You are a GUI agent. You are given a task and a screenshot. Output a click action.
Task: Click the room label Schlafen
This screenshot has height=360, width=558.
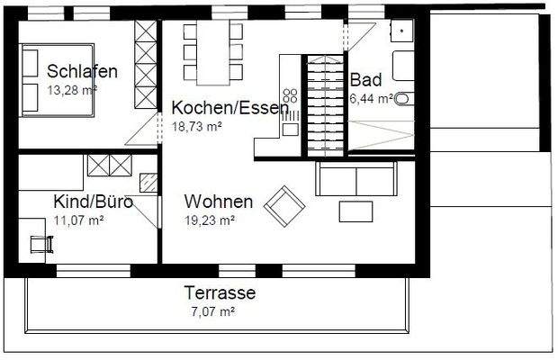pyautogui.click(x=82, y=71)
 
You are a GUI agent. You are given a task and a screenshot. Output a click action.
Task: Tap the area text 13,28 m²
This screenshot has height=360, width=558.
pyautogui.click(x=71, y=89)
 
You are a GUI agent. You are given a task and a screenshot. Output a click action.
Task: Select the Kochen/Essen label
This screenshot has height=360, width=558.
pyautogui.click(x=229, y=108)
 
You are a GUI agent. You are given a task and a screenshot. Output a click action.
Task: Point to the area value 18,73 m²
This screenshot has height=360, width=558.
pyautogui.click(x=196, y=127)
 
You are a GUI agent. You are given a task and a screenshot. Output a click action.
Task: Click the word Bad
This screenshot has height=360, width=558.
pyautogui.click(x=366, y=79)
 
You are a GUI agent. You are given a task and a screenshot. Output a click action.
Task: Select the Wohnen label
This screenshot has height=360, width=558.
pyautogui.click(x=218, y=202)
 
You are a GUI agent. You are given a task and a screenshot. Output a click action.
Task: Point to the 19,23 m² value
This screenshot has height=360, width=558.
pyautogui.click(x=210, y=220)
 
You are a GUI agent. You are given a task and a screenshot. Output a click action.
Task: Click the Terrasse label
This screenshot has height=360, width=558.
pyautogui.click(x=220, y=292)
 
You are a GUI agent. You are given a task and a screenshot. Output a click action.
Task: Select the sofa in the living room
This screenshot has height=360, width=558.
pyautogui.click(x=355, y=178)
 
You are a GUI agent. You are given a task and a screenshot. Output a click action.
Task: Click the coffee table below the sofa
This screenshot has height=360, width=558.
pyautogui.click(x=356, y=211)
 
